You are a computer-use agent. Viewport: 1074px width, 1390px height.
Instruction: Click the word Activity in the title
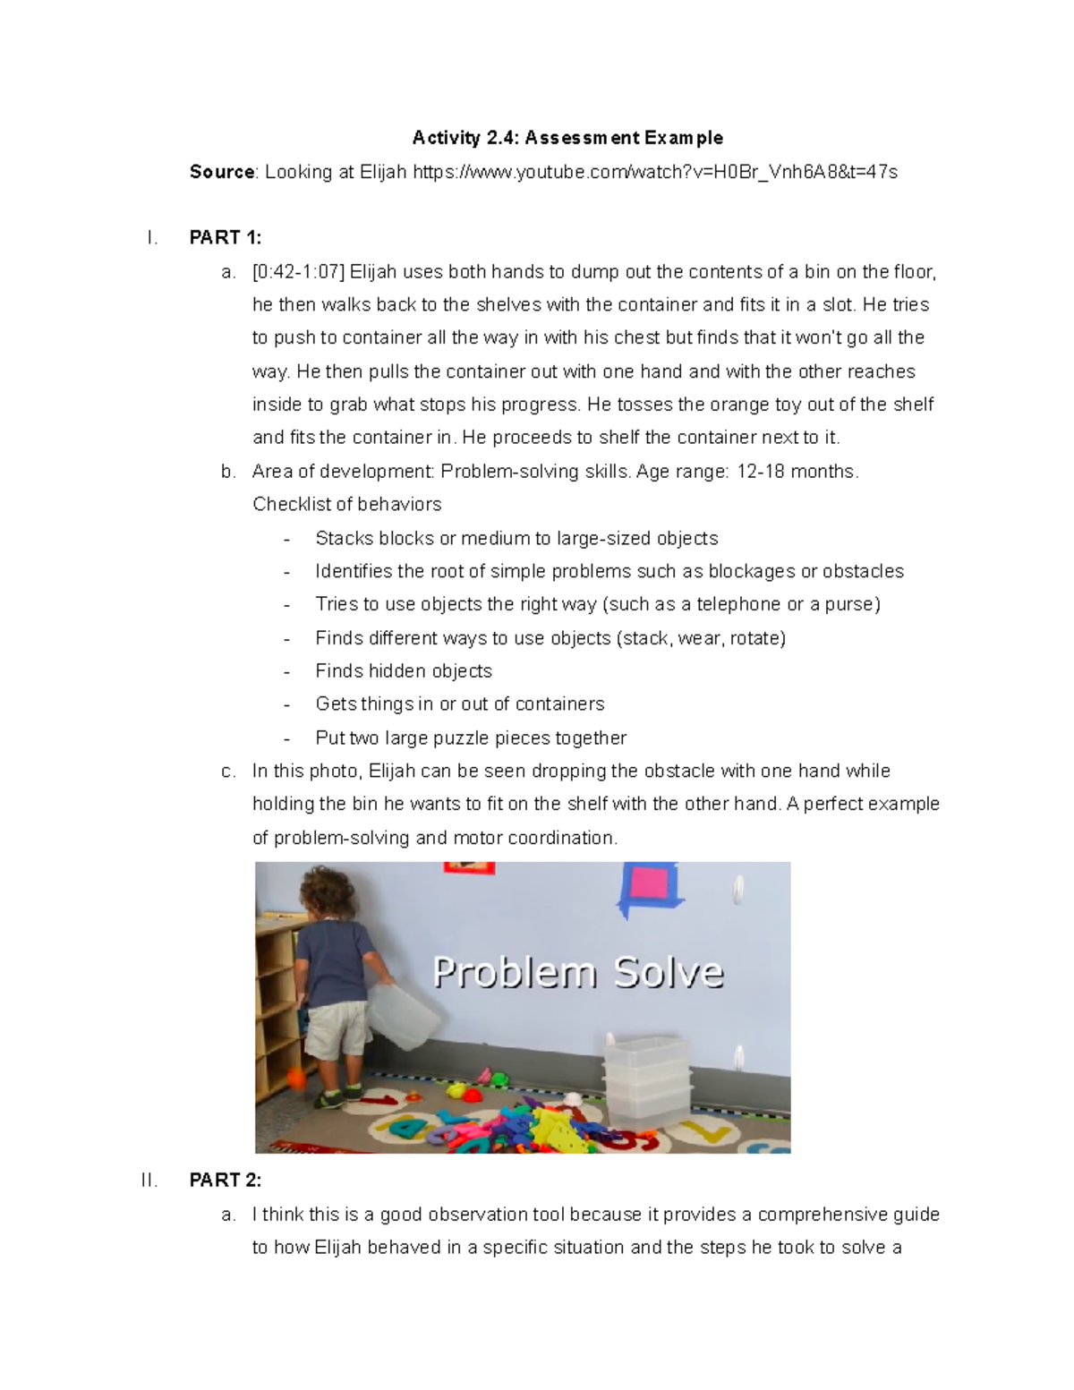pos(446,138)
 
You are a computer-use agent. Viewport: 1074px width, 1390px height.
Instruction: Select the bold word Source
pos(222,172)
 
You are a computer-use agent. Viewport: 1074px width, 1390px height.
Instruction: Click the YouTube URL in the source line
pos(654,172)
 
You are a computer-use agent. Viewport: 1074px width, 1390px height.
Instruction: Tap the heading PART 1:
pos(226,238)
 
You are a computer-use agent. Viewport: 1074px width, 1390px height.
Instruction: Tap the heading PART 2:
pos(226,1181)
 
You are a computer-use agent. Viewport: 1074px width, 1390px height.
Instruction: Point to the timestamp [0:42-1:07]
pos(298,272)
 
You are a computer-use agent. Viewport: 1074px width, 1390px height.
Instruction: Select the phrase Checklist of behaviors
pos(346,505)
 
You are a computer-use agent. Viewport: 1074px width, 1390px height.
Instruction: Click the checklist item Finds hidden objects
pos(404,671)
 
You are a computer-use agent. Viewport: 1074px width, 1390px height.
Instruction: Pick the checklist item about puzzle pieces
pos(471,738)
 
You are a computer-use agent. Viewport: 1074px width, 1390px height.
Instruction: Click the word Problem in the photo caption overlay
pos(514,972)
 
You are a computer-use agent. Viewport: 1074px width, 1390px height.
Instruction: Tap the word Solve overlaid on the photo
pos(668,972)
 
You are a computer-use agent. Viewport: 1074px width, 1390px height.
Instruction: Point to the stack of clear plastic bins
pos(646,1079)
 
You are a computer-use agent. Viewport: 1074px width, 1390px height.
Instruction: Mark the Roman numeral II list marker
pos(149,1181)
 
